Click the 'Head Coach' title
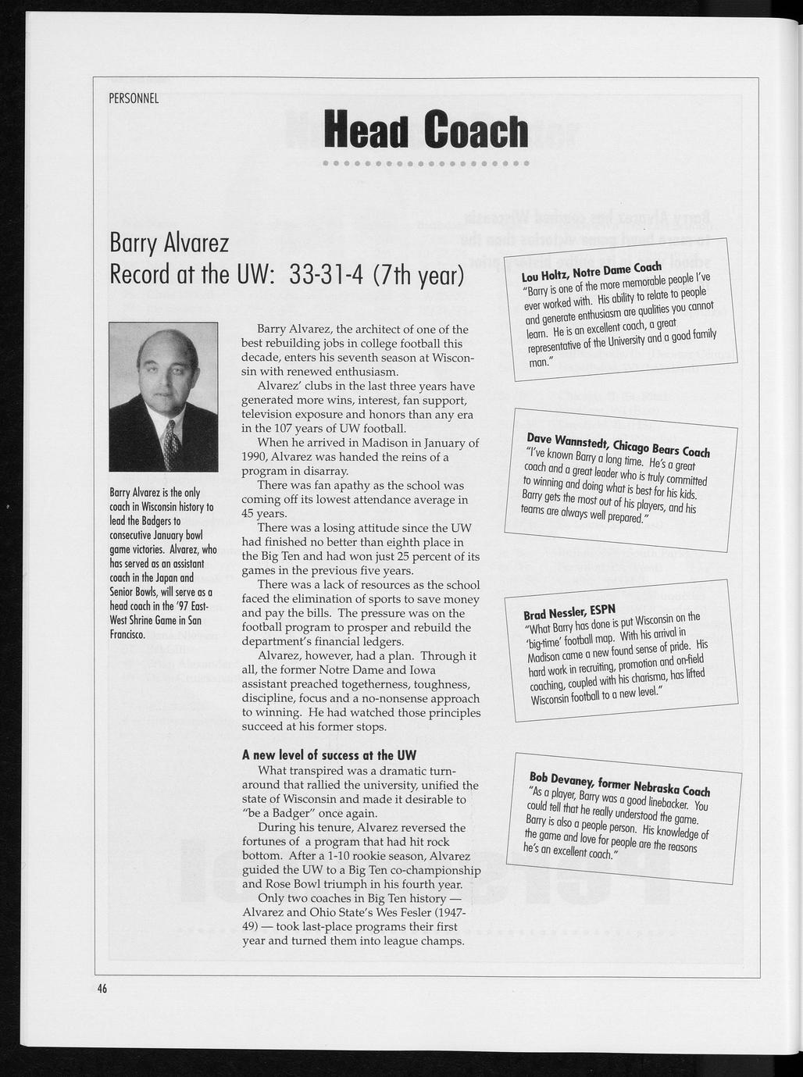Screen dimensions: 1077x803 tap(426, 130)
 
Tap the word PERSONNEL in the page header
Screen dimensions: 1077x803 tap(134, 98)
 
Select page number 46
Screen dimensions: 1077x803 tap(102, 987)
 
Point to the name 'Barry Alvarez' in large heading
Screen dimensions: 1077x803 tap(169, 244)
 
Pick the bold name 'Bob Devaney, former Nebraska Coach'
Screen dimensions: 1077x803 tap(619, 783)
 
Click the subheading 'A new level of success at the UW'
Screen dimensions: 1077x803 tap(329, 755)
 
